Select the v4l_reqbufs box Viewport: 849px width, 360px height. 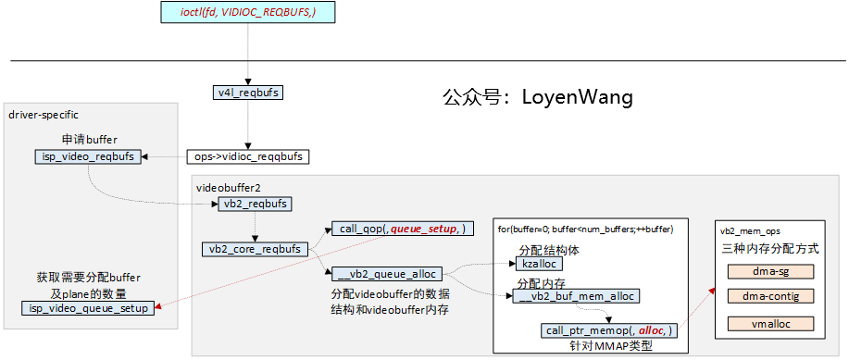tap(247, 93)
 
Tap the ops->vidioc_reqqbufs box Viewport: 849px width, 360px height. tap(247, 156)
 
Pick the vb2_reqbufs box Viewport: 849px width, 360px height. tap(256, 204)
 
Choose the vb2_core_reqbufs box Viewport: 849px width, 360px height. tap(255, 249)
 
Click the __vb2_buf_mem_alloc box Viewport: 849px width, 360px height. tap(576, 296)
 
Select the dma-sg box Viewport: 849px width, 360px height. tap(770, 272)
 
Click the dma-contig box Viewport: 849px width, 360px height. tap(770, 296)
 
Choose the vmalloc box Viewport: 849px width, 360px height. tap(770, 324)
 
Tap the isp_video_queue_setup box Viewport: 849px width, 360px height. tap(87, 308)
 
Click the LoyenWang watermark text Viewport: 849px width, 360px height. tap(537, 96)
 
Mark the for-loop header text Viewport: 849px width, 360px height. tap(585, 229)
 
